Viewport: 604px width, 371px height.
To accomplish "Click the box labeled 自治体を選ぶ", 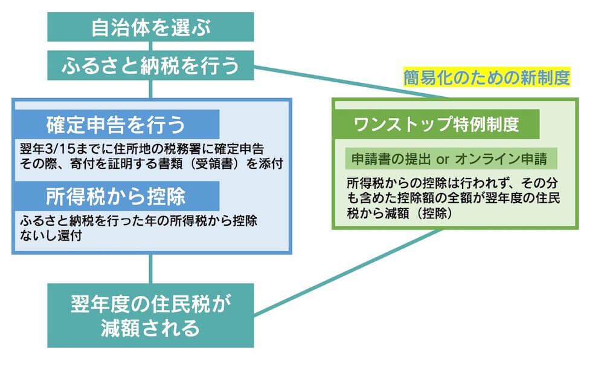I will click(150, 27).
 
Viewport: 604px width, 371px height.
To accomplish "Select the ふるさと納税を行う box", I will click(150, 65).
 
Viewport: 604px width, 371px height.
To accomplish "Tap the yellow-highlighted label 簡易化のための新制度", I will click(486, 78).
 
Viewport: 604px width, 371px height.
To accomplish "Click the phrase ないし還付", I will click(51, 236).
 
